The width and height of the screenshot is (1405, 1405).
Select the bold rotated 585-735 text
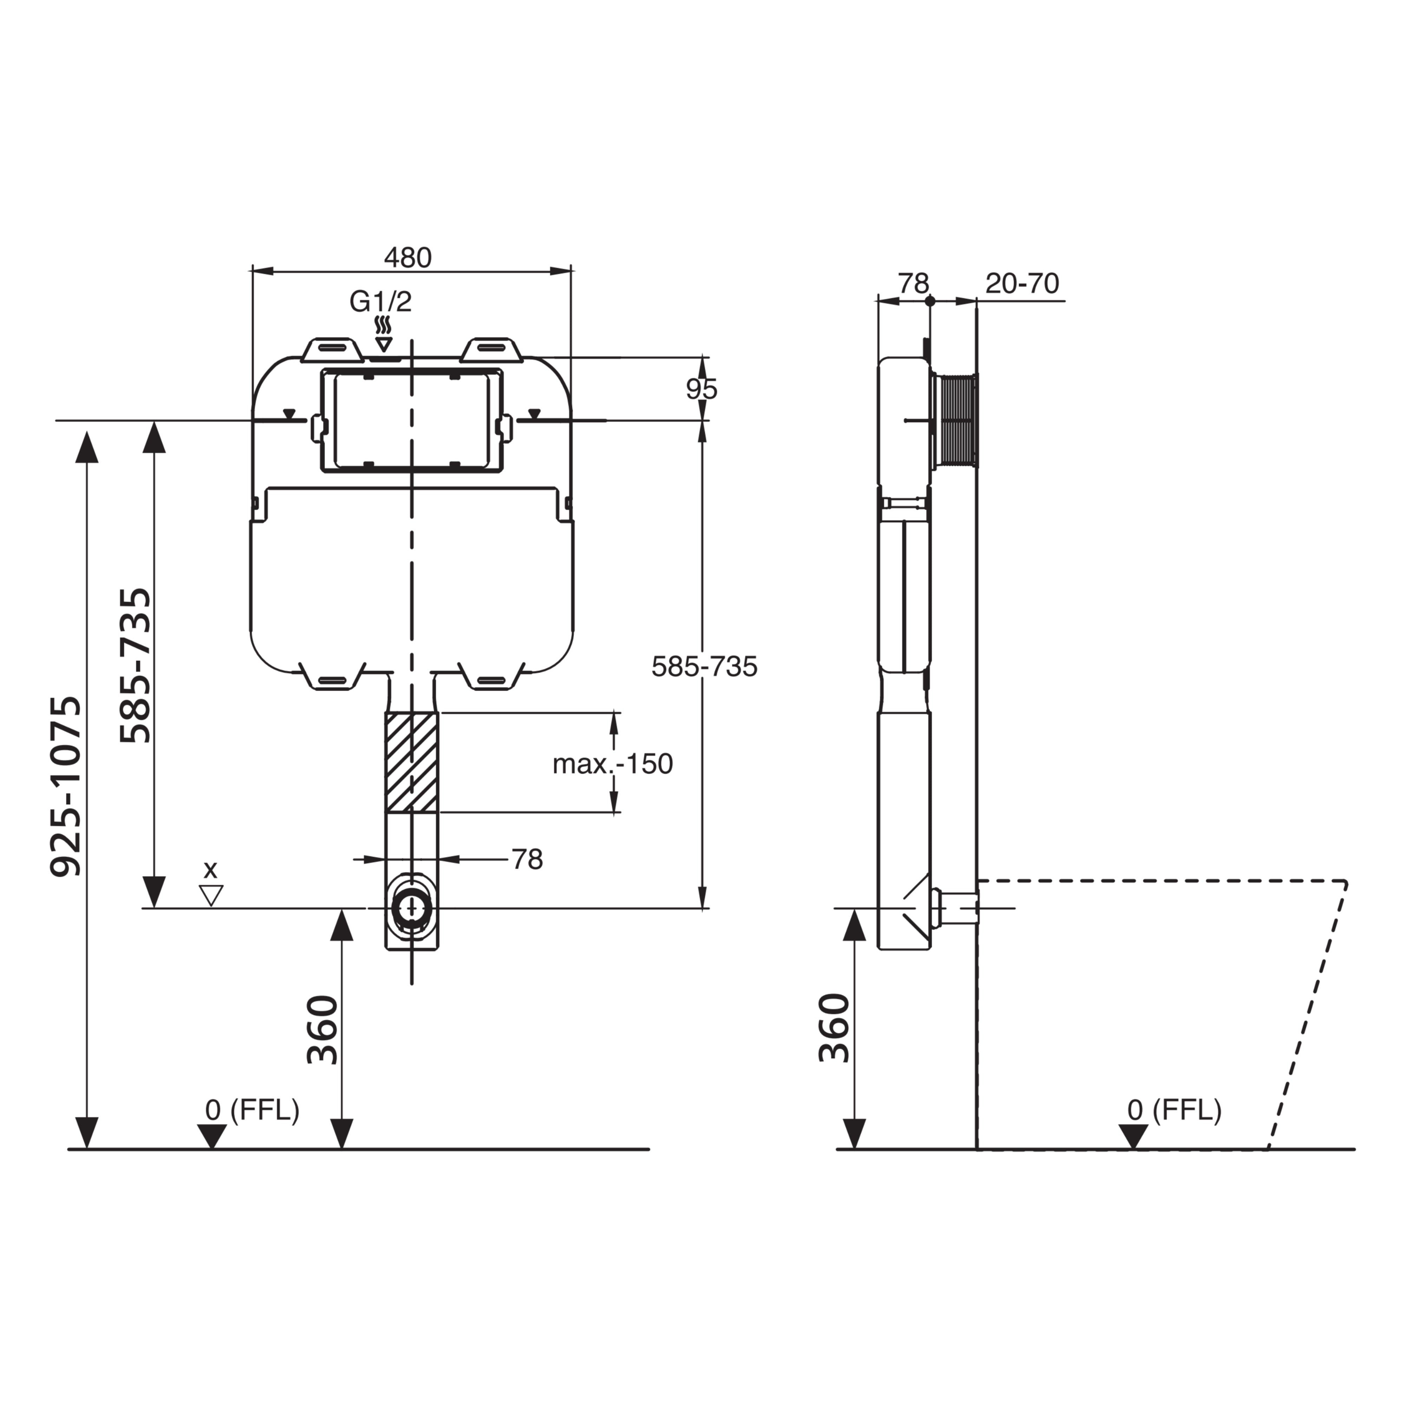pos(135,665)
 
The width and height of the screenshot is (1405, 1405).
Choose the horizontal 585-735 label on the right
pos(704,666)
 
